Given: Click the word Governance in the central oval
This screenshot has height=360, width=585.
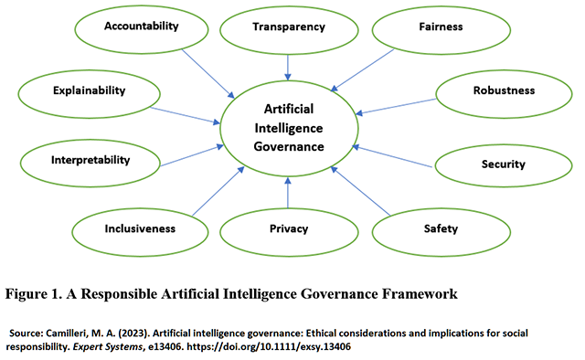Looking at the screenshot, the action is coord(289,146).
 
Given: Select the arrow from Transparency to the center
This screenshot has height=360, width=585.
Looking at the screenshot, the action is coord(288,68).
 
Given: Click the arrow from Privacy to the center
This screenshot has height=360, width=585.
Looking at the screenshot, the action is coord(288,193).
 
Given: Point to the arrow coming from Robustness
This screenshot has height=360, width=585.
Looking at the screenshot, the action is coord(396,106).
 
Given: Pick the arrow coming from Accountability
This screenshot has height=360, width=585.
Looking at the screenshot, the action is coord(207,74).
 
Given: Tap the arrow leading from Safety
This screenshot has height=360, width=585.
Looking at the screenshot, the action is coord(360,191).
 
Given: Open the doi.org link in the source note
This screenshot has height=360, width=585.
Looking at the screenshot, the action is coord(269,346).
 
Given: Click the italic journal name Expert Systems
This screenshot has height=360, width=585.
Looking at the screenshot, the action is coord(107,346).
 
